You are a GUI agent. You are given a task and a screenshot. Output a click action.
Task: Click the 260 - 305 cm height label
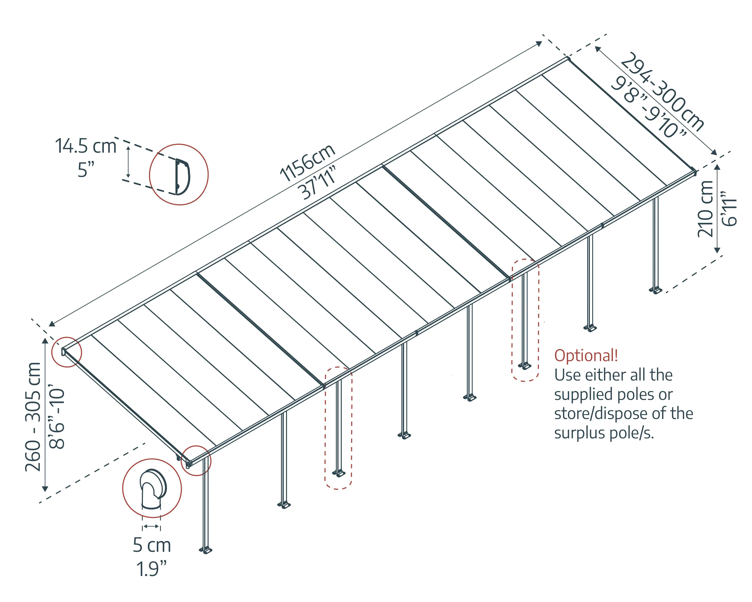tap(33, 417)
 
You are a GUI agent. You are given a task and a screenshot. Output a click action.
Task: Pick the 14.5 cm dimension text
tap(86, 146)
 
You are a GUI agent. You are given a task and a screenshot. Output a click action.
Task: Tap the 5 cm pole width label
tap(152, 545)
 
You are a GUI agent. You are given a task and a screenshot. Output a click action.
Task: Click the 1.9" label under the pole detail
tap(151, 569)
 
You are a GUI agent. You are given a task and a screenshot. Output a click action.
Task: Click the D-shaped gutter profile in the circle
tap(182, 177)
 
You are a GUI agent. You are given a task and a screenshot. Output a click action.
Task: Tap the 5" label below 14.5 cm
tap(86, 170)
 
